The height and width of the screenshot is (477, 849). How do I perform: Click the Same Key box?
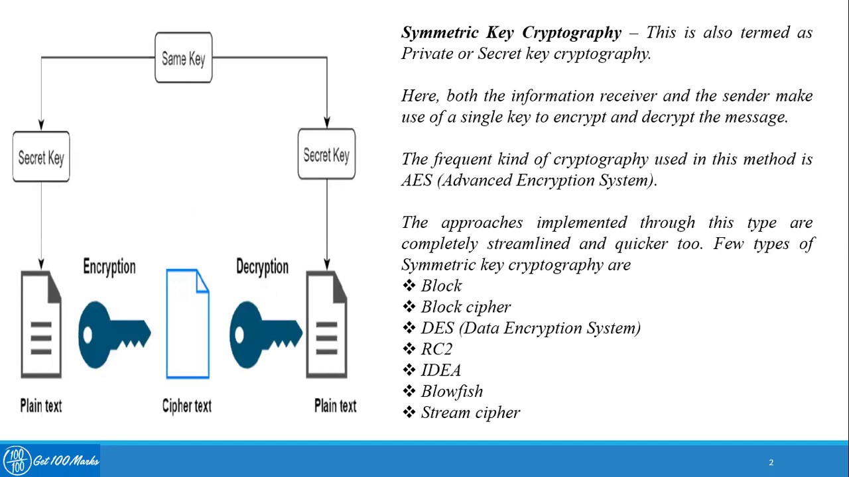coord(184,58)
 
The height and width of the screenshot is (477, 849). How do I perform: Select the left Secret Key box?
coord(41,157)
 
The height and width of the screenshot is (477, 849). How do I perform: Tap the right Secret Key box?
coord(326,155)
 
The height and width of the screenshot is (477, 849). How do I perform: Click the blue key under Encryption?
coord(113,334)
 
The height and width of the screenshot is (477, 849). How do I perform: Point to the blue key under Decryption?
coord(265,334)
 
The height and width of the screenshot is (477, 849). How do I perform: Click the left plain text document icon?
coord(41,325)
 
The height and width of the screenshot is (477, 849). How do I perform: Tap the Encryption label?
coord(109,267)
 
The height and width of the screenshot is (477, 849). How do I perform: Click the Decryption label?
coord(262,267)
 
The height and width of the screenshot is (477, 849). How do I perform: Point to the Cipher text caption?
coord(187,406)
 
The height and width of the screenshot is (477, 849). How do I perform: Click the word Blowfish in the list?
coord(452,392)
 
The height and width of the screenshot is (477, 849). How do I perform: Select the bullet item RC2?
coord(436,349)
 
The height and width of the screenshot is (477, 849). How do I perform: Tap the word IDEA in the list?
coord(441,370)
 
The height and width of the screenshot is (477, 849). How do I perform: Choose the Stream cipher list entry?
coord(470,413)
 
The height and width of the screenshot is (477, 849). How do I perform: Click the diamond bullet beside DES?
coord(409,328)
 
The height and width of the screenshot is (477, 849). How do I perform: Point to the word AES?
coord(417,180)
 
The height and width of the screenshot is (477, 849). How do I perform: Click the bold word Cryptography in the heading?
coord(572,33)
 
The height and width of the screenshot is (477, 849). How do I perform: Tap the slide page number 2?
coord(771,462)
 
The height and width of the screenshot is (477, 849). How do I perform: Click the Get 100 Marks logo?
coord(50,460)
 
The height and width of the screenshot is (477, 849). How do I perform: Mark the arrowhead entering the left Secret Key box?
coord(41,125)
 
